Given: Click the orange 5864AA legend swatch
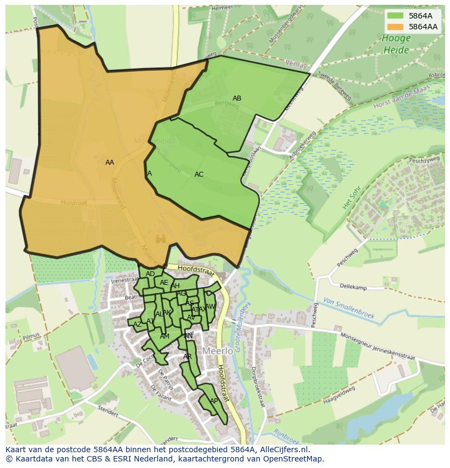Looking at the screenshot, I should point(396,26).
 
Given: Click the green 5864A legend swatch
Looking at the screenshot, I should point(396,16).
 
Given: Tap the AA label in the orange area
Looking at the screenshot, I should point(110,163).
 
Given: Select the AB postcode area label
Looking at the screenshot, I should point(237,98).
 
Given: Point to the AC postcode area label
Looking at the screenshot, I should point(199,174).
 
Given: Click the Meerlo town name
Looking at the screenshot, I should point(218,351).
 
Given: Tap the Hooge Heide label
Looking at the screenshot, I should point(396,44).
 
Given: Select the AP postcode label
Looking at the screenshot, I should point(214,401).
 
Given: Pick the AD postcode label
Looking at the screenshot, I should point(151,274).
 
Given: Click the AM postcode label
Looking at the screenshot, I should point(165,336).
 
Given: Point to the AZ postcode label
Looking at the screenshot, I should point(137,325).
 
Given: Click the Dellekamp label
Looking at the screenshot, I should point(353,286).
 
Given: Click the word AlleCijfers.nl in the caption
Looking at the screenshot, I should point(283,450).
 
